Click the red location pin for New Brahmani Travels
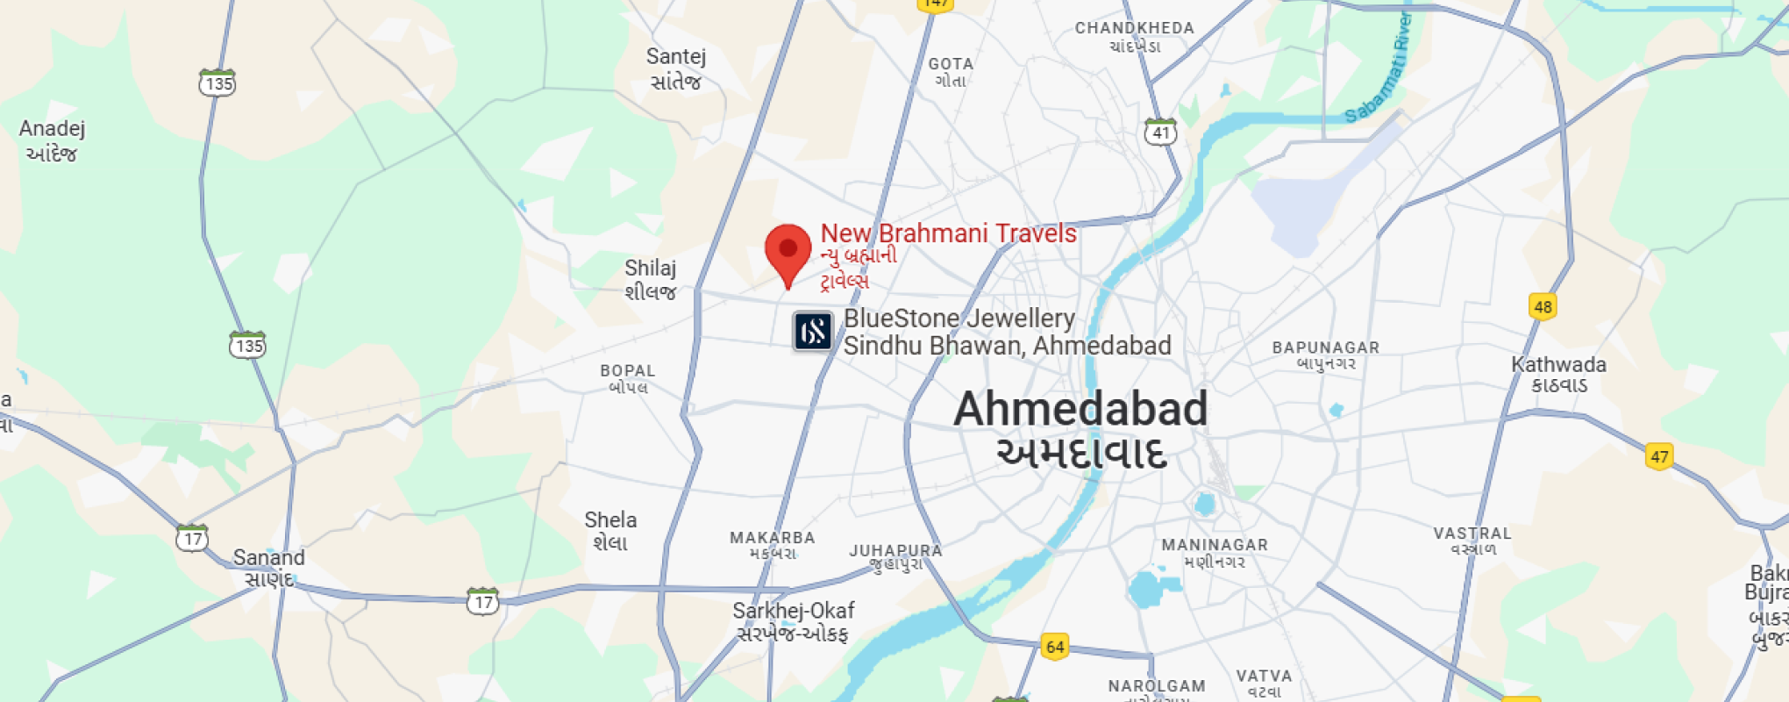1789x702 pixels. click(x=788, y=250)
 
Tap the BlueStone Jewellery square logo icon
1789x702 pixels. click(x=813, y=332)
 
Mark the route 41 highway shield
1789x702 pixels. click(x=1160, y=132)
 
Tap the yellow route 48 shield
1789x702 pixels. click(x=1543, y=307)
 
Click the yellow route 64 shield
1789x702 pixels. click(x=1054, y=647)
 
